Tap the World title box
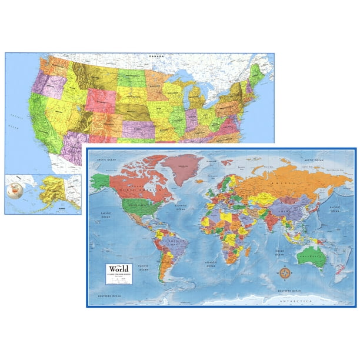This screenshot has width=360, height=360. point(119,274)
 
